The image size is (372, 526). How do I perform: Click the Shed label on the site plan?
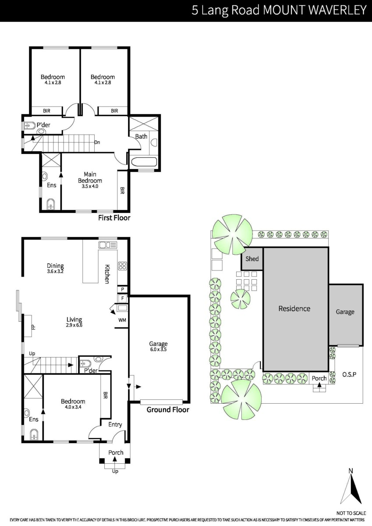[252, 259]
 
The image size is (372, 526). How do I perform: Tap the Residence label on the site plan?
[294, 309]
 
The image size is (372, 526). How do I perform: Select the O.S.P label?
[349, 374]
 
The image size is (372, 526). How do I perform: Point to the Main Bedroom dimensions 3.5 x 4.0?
[90, 186]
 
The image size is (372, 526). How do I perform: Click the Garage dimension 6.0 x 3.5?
[158, 349]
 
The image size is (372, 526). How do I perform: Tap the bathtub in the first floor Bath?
[144, 162]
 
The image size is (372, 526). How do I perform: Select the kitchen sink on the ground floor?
[108, 245]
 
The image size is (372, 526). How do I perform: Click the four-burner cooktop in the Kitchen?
[123, 266]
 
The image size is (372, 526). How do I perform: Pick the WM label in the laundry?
[122, 320]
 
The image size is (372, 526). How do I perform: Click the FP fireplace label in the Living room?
[33, 327]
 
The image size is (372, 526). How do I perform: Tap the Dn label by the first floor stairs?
[97, 142]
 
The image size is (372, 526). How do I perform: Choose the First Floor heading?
[114, 218]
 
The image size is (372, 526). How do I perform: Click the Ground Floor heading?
[168, 410]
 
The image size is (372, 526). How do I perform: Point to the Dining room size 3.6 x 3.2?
[55, 271]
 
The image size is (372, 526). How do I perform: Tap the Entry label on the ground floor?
[115, 425]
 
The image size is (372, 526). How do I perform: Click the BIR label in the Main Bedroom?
[122, 190]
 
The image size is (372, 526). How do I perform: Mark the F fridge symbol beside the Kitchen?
[122, 299]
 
